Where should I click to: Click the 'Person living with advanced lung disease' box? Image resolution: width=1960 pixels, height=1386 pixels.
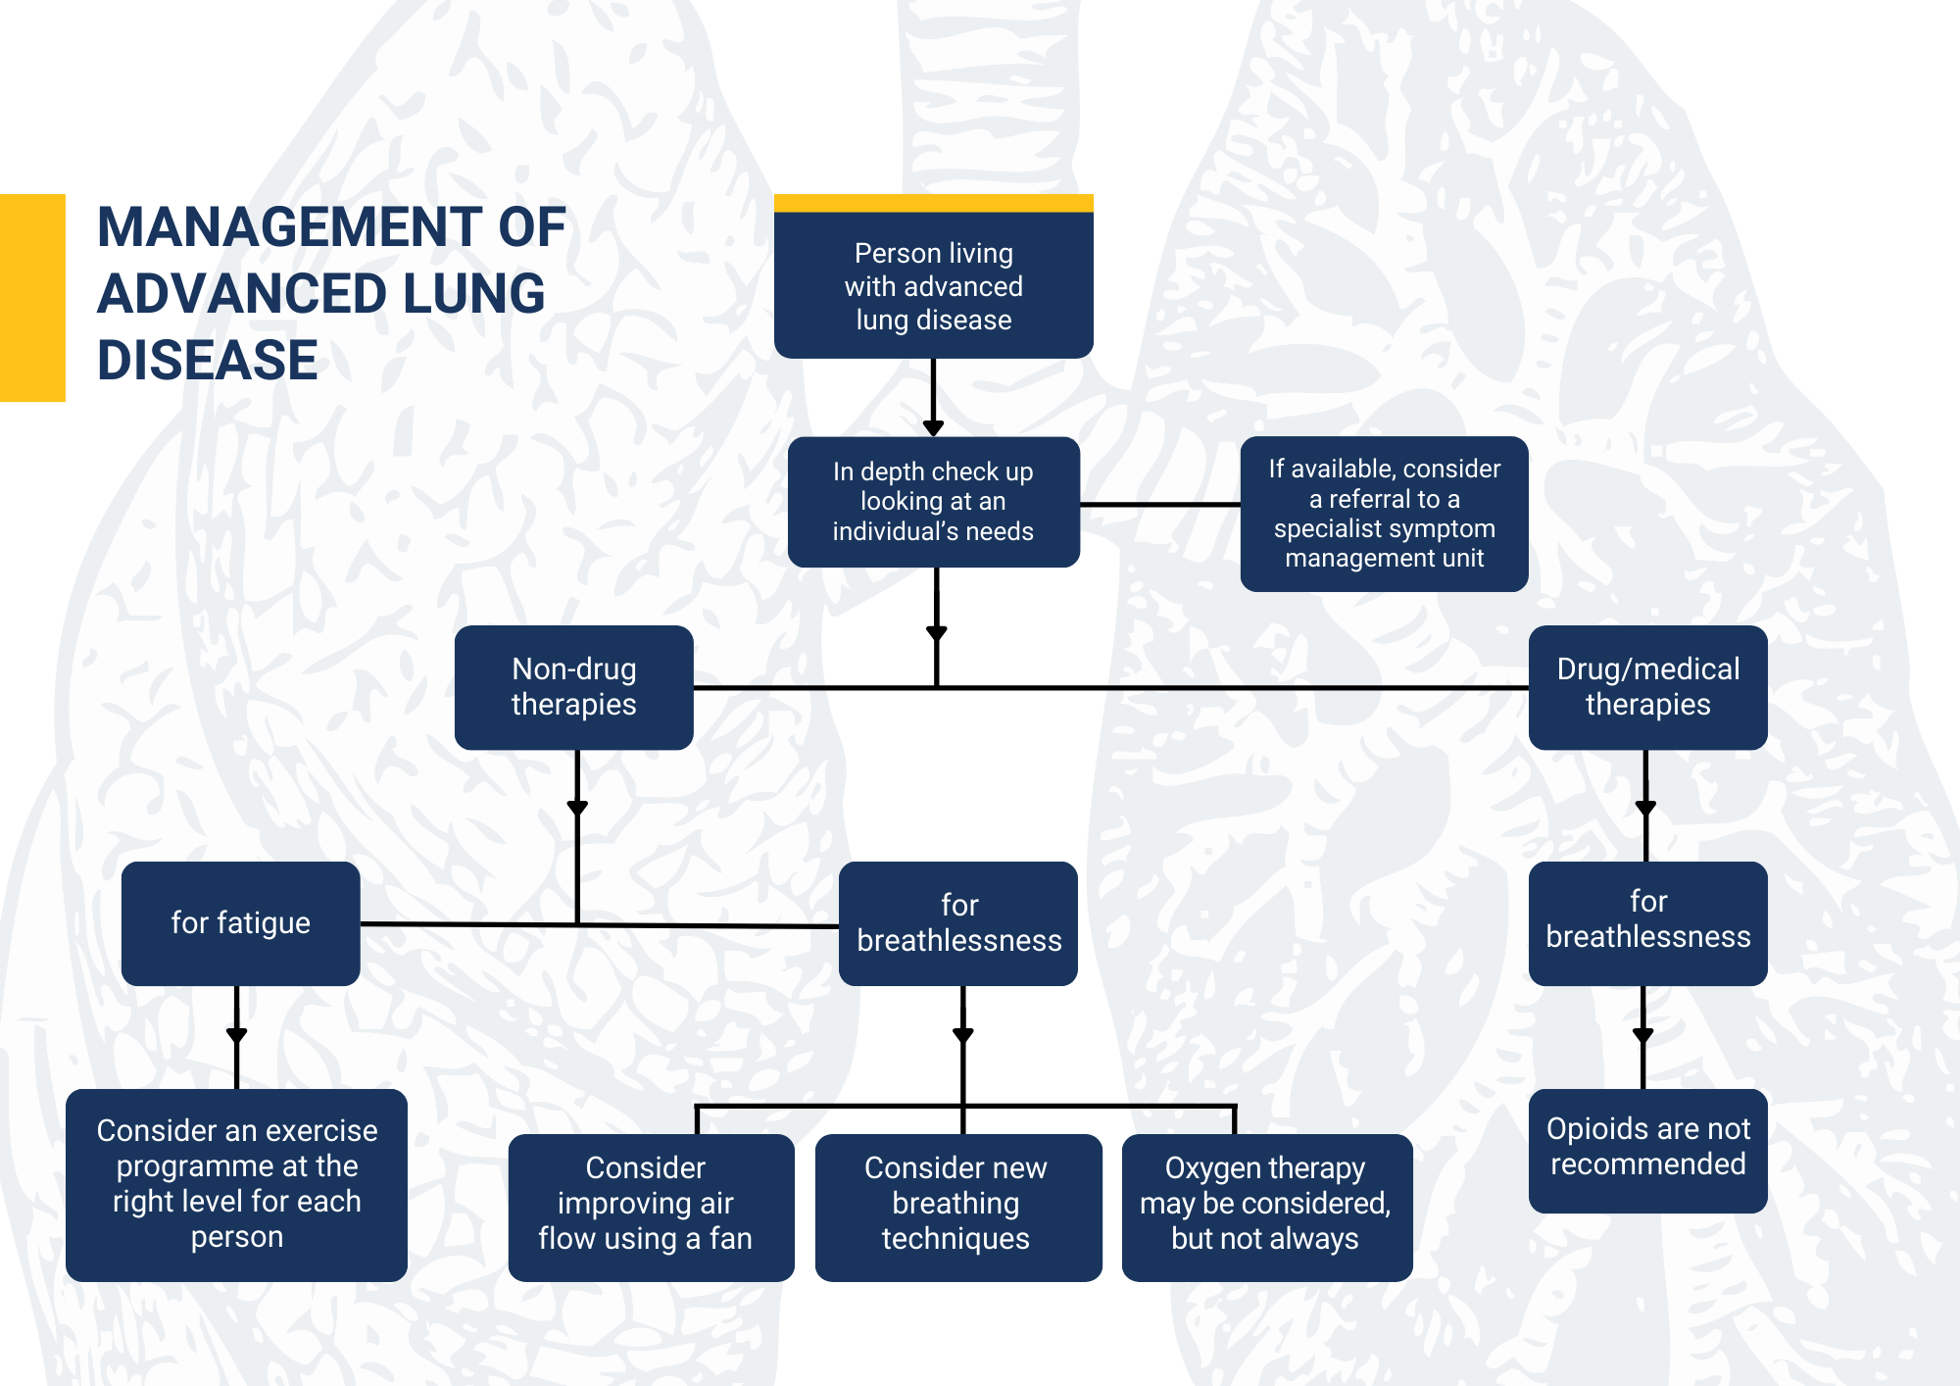pyautogui.click(x=933, y=284)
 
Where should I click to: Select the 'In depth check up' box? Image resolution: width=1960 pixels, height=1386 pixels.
pyautogui.click(x=933, y=501)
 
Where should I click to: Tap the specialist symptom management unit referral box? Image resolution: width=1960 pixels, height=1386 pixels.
pyautogui.click(x=1384, y=513)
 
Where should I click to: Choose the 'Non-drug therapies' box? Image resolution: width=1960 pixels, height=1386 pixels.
pyautogui.click(x=573, y=687)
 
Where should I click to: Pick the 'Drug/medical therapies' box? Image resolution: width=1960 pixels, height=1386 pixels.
pyautogui.click(x=1647, y=687)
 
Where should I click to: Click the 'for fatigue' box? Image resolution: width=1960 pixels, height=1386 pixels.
pyautogui.click(x=240, y=923)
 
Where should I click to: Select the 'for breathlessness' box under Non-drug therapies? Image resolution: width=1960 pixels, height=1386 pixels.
pyautogui.click(x=957, y=923)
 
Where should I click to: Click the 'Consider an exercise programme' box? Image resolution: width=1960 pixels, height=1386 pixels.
pyautogui.click(x=236, y=1184)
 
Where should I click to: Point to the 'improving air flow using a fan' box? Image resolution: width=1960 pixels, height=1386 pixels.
pyautogui.click(x=650, y=1206)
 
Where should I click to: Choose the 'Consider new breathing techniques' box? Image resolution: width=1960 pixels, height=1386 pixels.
pyautogui.click(x=957, y=1206)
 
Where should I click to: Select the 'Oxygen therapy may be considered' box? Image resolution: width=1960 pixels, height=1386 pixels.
pyautogui.click(x=1266, y=1206)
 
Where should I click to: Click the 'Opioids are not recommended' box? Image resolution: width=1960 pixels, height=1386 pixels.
pyautogui.click(x=1647, y=1149)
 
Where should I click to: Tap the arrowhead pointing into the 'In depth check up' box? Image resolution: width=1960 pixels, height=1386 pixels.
pyautogui.click(x=933, y=427)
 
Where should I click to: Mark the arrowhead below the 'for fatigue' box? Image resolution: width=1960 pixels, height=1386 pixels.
pyautogui.click(x=236, y=1034)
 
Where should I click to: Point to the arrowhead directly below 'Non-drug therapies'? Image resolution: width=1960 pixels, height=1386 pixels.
pyautogui.click(x=577, y=808)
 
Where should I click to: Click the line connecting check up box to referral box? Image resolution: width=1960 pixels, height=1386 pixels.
pyautogui.click(x=1159, y=504)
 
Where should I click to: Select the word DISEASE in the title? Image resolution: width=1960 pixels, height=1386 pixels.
pyautogui.click(x=208, y=360)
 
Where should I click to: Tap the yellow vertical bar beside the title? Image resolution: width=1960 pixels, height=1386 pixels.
pyautogui.click(x=32, y=297)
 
